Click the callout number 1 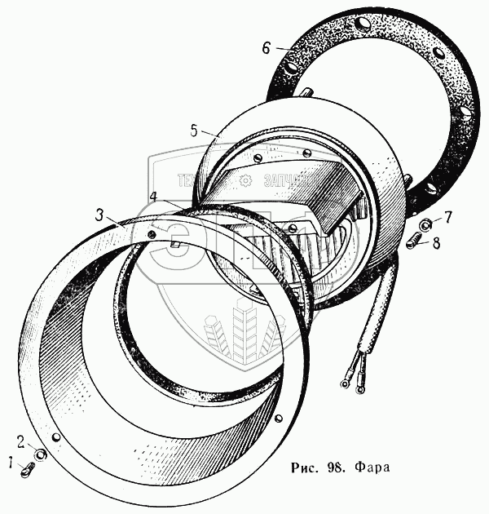point(11,463)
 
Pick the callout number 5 point(193,130)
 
